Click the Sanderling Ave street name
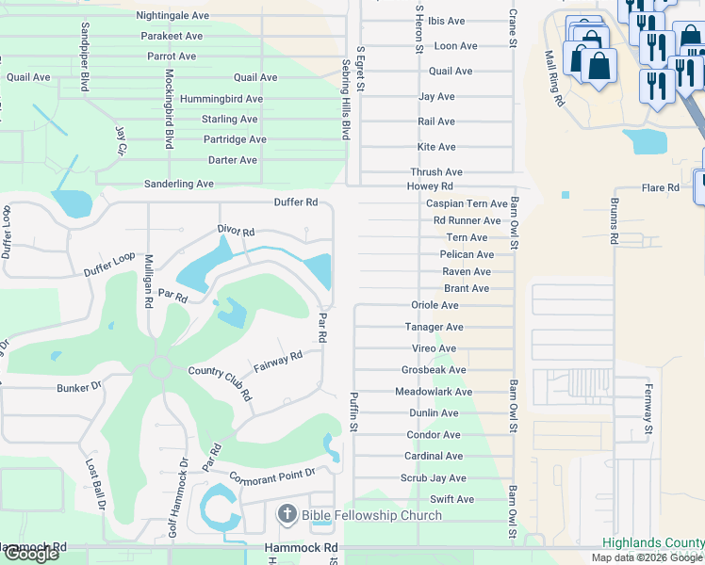(178, 185)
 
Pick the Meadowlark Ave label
(434, 392)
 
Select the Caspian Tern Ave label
(467, 203)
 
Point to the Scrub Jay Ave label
(434, 478)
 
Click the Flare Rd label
(660, 188)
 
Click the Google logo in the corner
(31, 554)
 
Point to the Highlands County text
(653, 543)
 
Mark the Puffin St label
(354, 412)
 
